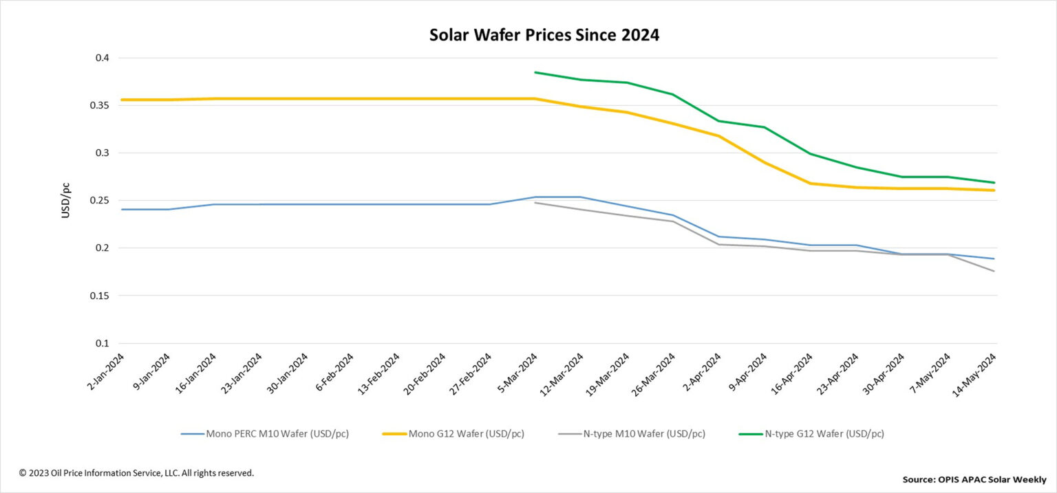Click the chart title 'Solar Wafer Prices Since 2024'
[544, 35]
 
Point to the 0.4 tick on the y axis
[102, 58]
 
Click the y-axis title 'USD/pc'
[66, 200]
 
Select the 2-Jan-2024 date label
[107, 373]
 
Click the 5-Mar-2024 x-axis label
[520, 373]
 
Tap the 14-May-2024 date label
[979, 373]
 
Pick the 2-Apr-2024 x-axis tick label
[704, 373]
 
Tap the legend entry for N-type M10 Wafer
[631, 434]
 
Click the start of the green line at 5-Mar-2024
[535, 72]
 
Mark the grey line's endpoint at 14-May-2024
[994, 271]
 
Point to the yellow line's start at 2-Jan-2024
[122, 100]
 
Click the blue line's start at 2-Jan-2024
[122, 209]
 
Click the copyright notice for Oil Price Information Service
[136, 473]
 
